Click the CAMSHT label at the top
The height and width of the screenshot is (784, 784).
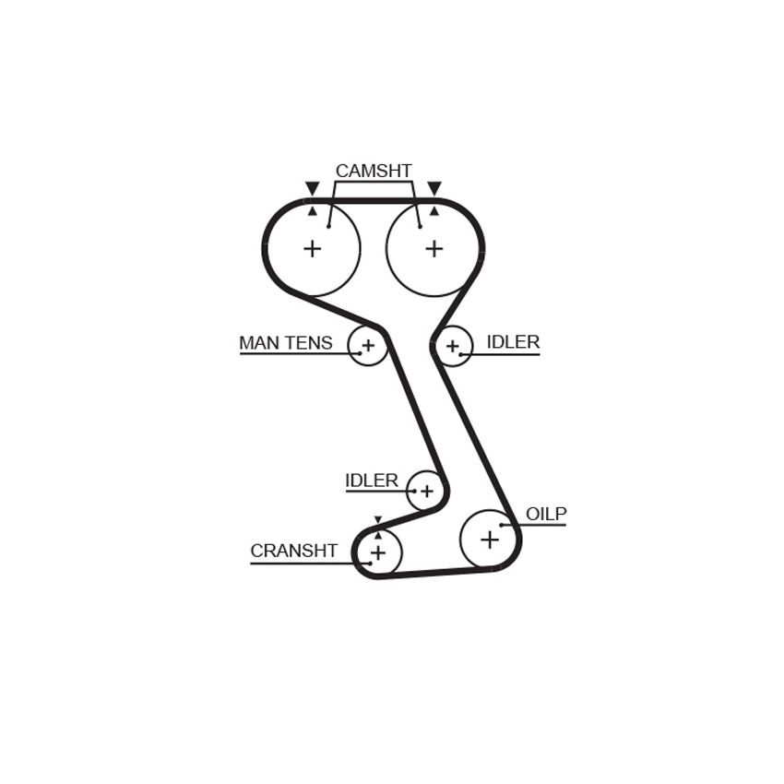point(374,171)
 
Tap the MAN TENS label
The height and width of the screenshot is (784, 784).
point(286,343)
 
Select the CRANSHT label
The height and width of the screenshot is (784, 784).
point(294,551)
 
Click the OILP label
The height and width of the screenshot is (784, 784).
point(546,514)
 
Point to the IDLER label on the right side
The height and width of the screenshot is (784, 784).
point(513,342)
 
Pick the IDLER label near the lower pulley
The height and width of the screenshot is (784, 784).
point(372,481)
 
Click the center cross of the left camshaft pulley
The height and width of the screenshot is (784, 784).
point(313,248)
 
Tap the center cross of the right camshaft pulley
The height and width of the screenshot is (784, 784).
point(434,248)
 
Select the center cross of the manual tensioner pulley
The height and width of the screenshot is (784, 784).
point(368,345)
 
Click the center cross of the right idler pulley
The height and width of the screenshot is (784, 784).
point(453,346)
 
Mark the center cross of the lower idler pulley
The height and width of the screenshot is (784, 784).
point(426,491)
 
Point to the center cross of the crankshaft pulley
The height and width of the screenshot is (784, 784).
point(378,552)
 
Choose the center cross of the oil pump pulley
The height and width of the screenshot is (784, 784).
point(490,540)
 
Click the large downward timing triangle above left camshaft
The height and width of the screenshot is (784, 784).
point(313,188)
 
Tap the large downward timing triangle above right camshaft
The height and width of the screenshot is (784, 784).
point(434,188)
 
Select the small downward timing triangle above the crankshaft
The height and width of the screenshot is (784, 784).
point(378,519)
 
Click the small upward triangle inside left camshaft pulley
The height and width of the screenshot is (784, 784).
point(313,211)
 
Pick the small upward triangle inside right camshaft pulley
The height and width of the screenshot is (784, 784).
point(434,211)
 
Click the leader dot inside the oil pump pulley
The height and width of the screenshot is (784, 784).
point(502,525)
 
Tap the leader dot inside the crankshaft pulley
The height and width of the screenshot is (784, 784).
point(370,564)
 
